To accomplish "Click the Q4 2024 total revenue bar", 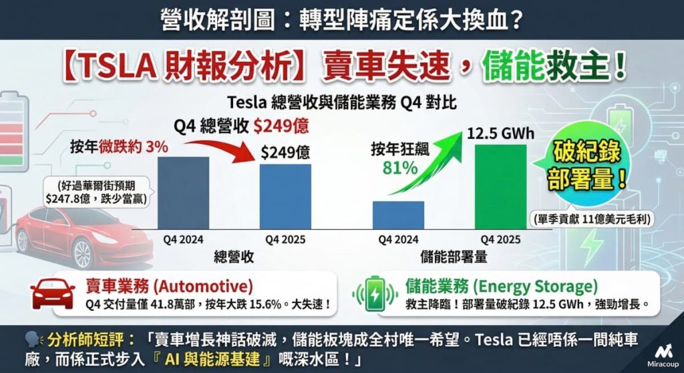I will pyautogui.click(x=184, y=192).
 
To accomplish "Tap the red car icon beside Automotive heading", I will pyautogui.click(x=53, y=294).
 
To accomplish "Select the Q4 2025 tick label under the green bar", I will pyautogui.click(x=500, y=238).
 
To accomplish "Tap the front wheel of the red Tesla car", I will pyautogui.click(x=83, y=253).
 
